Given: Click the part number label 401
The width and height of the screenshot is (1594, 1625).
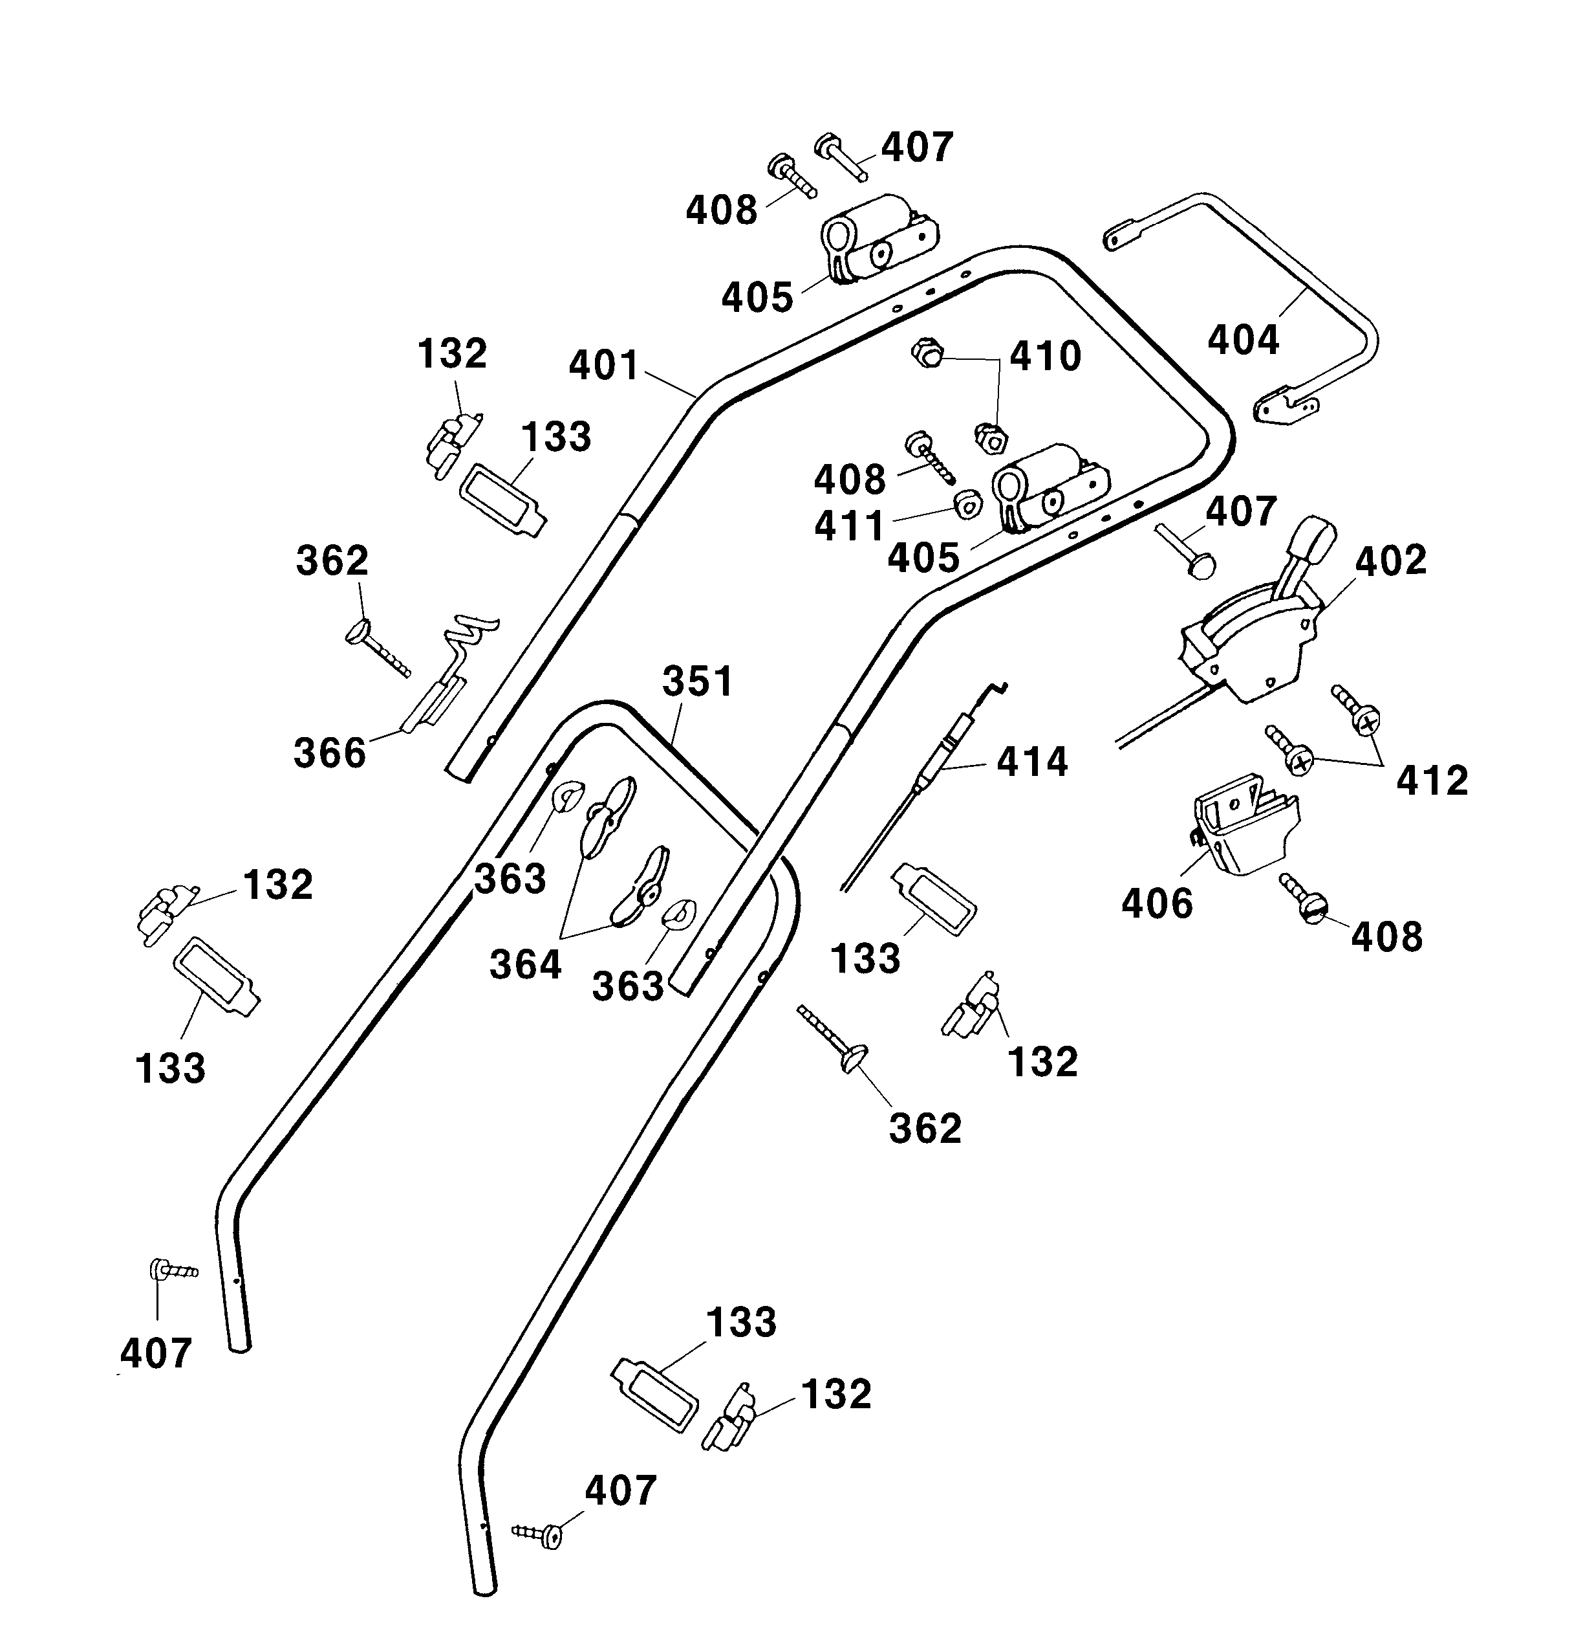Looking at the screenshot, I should pyautogui.click(x=603, y=366).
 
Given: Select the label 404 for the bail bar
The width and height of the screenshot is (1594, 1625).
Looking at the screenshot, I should pyautogui.click(x=1244, y=340).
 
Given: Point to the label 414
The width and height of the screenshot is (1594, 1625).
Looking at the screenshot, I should pyautogui.click(x=1031, y=762).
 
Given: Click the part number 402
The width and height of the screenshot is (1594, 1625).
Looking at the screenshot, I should pyautogui.click(x=1390, y=560).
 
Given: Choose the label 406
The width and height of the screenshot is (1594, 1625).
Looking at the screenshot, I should pyautogui.click(x=1157, y=904).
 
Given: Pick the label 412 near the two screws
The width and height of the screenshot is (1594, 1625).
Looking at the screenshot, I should pyautogui.click(x=1432, y=780).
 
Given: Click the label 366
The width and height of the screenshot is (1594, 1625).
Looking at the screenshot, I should pyautogui.click(x=330, y=753).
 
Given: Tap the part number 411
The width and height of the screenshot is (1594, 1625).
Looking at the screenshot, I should pyautogui.click(x=850, y=526).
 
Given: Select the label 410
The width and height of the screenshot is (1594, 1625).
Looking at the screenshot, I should pyautogui.click(x=1045, y=357).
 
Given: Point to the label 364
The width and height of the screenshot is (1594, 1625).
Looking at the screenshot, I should pyautogui.click(x=525, y=964).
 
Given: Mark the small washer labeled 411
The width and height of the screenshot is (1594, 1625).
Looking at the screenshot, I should pyautogui.click(x=968, y=504).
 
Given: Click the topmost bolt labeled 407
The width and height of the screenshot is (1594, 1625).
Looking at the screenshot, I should pyautogui.click(x=841, y=156).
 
